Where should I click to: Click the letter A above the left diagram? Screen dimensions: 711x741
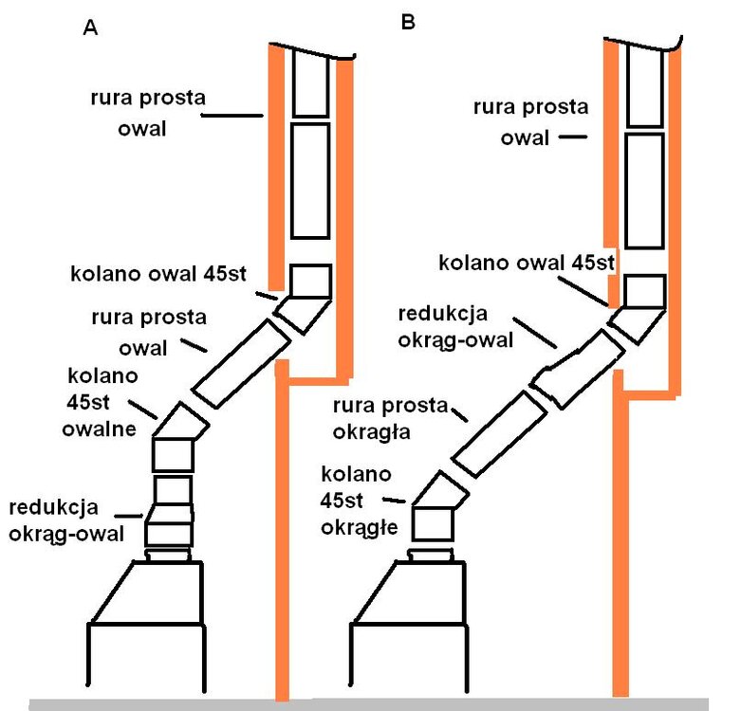coord(91,27)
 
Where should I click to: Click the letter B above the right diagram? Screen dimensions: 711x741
coord(409,21)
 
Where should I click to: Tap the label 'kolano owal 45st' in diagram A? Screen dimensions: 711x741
coord(158,275)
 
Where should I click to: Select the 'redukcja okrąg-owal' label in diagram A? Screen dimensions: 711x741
coord(66,520)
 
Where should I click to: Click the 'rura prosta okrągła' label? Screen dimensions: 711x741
coord(390,418)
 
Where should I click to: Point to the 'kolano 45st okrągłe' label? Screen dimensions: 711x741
coord(357,499)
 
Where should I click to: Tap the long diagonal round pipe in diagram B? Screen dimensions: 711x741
coord(499,430)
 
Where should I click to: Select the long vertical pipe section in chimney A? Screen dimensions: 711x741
coord(309,180)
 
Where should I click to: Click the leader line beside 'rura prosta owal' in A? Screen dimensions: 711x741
coord(232,117)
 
